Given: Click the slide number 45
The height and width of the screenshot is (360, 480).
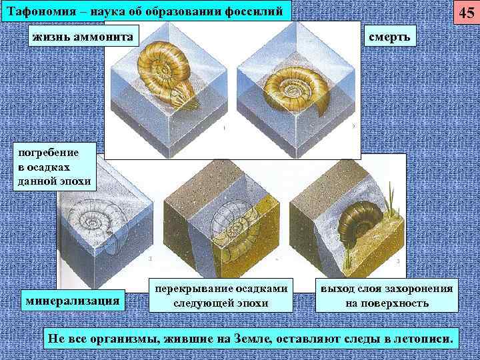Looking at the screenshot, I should (x=465, y=13).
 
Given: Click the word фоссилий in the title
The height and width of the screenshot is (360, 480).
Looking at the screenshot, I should (x=254, y=11).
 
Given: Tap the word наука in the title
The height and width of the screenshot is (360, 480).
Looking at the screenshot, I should (x=113, y=11).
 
